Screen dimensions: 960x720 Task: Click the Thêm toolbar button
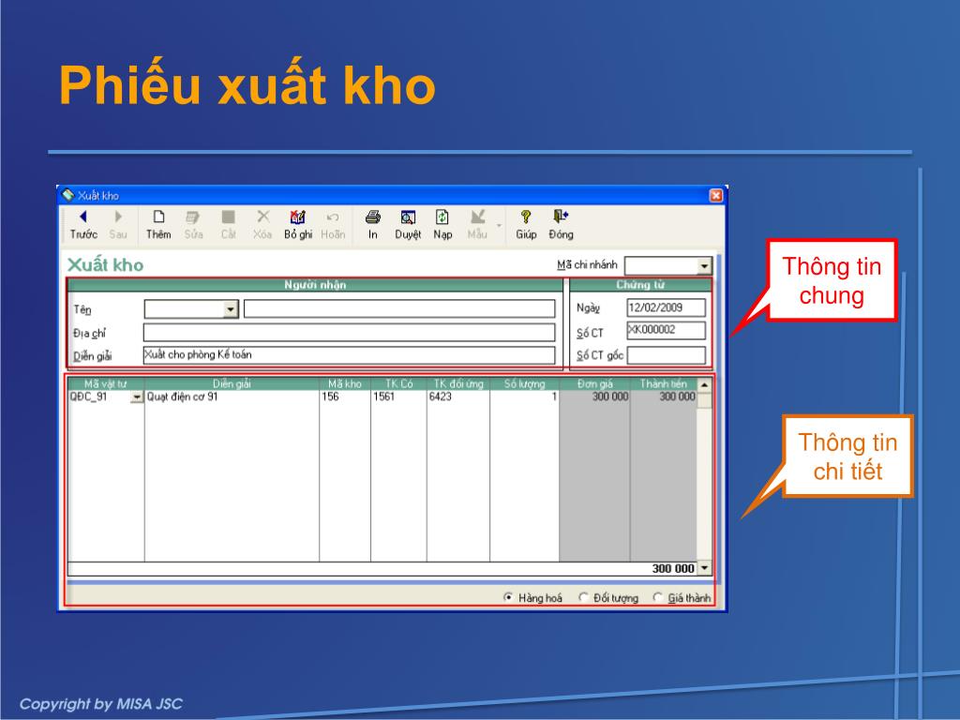point(157,225)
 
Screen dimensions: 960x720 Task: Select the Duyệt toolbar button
point(408,225)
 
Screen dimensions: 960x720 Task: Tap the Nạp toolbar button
point(442,225)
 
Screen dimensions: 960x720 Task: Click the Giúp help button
point(526,225)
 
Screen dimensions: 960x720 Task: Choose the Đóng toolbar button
point(561,225)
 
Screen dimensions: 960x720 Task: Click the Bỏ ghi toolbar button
point(298,225)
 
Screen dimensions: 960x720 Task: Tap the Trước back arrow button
point(83,225)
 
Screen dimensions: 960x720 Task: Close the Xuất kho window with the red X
point(715,195)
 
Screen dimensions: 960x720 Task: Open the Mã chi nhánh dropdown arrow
point(704,265)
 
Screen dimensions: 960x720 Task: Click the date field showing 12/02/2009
point(667,307)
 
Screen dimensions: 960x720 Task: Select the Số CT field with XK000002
point(667,331)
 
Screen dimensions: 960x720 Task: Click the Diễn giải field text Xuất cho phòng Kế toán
point(199,354)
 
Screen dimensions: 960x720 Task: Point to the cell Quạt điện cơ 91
point(183,397)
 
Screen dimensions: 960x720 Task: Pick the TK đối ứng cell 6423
point(441,397)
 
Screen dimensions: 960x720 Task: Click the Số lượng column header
point(524,383)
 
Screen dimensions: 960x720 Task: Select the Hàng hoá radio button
point(508,597)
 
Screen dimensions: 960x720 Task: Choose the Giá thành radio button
point(657,597)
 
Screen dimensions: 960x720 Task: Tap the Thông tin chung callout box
point(832,280)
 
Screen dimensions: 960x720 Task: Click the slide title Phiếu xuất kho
point(247,85)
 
